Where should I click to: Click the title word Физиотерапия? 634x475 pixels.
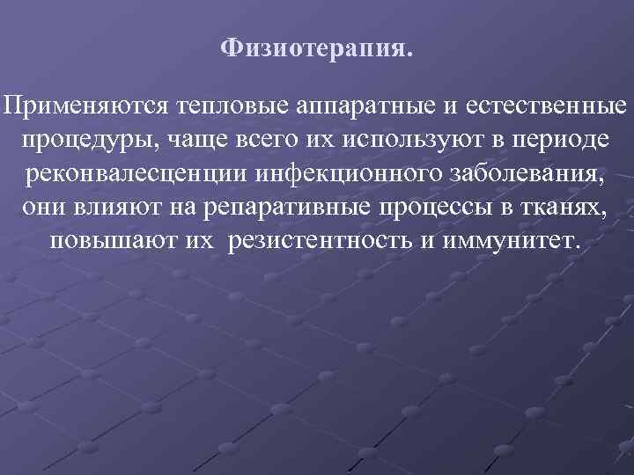coord(316,47)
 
